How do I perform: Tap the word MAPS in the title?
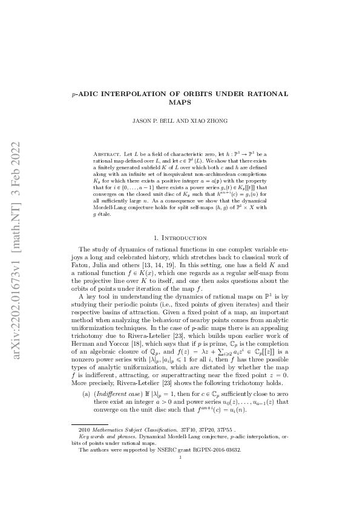180,102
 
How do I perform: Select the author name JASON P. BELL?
154,121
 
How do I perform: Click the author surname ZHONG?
217,121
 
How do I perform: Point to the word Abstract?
107,155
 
